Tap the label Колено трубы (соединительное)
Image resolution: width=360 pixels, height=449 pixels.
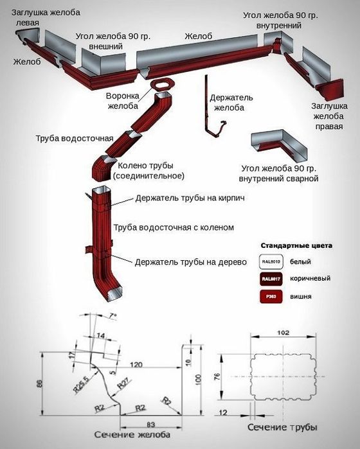pyautogui.click(x=148, y=170)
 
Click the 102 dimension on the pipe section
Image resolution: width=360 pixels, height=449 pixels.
pyautogui.click(x=284, y=333)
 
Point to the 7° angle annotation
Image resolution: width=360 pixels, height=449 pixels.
pyautogui.click(x=113, y=316)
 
